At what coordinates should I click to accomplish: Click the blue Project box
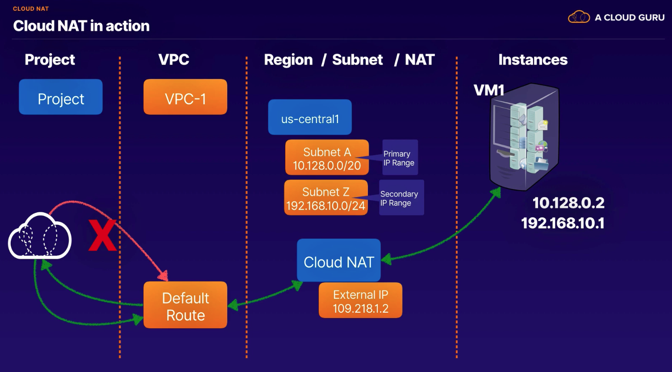click(61, 97)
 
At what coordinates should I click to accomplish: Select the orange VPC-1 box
click(185, 97)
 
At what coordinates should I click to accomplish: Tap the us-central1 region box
click(310, 117)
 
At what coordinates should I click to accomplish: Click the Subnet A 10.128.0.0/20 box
click(327, 158)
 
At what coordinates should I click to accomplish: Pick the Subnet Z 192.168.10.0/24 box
click(326, 198)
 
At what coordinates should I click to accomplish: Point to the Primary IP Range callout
click(400, 158)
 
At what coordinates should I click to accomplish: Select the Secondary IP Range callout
click(401, 198)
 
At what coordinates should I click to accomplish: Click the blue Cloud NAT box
click(339, 261)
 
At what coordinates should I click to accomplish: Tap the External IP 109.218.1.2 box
click(360, 301)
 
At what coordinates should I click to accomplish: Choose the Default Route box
click(185, 306)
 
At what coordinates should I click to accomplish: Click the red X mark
click(102, 235)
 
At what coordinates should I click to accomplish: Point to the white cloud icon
click(40, 236)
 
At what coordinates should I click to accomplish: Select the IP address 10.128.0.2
click(568, 203)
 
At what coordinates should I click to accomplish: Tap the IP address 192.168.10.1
click(563, 223)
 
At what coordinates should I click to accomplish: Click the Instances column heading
click(533, 60)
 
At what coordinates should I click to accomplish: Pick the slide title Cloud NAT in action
click(81, 26)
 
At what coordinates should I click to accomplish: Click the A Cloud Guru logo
click(616, 17)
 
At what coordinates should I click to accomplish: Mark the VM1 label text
click(489, 91)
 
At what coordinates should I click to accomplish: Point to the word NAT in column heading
click(420, 60)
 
